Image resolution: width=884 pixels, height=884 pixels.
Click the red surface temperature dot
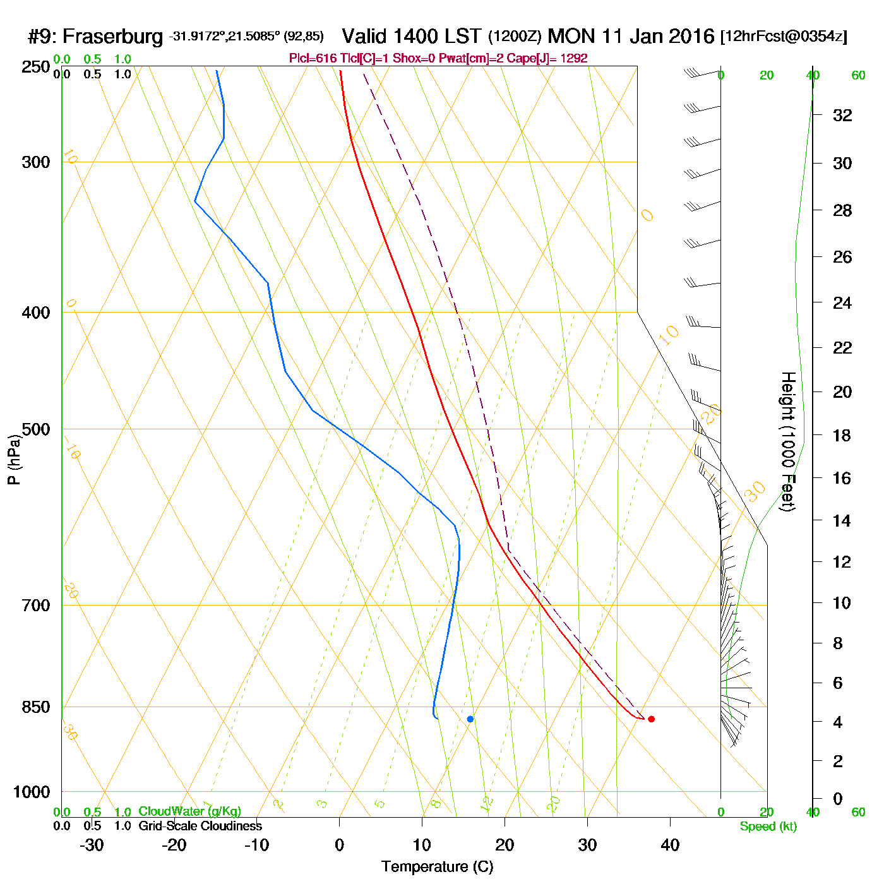point(651,719)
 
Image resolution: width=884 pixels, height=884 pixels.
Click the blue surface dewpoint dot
point(470,719)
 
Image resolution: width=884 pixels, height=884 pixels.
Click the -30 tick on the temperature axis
point(92,845)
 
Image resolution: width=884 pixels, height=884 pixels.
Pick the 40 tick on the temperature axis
point(670,845)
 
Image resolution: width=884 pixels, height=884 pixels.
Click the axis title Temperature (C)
point(437,866)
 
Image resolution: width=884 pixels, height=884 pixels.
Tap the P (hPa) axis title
point(14,460)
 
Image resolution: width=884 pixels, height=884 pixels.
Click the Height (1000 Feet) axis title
point(787,441)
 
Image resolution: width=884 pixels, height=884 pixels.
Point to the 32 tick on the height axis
point(842,115)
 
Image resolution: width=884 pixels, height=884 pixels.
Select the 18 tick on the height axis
point(842,435)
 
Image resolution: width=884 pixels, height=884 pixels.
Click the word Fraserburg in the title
point(112,36)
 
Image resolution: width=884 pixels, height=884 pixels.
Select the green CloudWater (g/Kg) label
point(189,811)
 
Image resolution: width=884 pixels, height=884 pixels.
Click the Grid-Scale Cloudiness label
point(200,826)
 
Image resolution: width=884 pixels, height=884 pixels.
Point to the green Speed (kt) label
point(768,827)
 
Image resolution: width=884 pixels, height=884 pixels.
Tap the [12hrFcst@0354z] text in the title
point(784,36)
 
